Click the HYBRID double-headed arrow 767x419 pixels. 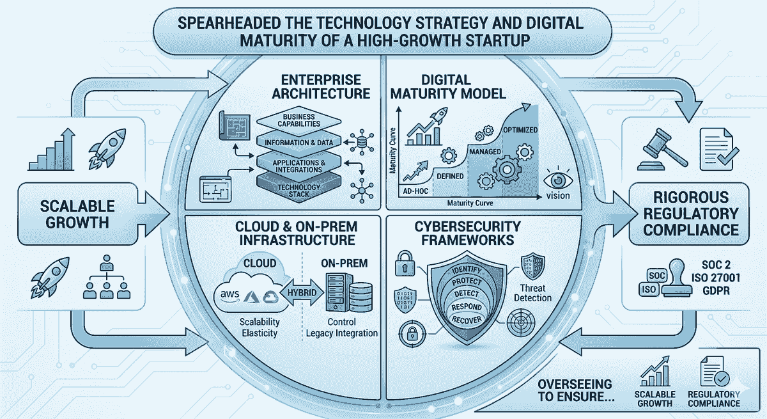tap(302, 292)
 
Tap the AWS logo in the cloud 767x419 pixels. tap(229, 296)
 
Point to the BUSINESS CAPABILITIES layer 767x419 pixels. tap(299, 120)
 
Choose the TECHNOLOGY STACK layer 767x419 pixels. tap(299, 189)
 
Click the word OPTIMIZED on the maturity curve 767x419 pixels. tap(520, 130)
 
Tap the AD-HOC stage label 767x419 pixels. tap(415, 191)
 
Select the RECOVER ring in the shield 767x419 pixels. tap(467, 319)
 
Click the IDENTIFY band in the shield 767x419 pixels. tap(467, 271)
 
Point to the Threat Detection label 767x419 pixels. tap(532, 293)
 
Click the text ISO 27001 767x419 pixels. tap(716, 278)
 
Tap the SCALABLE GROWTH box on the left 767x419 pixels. tap(78, 214)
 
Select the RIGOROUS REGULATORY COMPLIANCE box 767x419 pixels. tap(690, 214)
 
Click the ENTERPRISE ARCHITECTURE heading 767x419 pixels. tap(321, 86)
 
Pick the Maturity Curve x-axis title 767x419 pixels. tap(470, 203)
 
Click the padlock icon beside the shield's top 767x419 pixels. tap(405, 264)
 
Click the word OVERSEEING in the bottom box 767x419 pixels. tap(575, 384)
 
